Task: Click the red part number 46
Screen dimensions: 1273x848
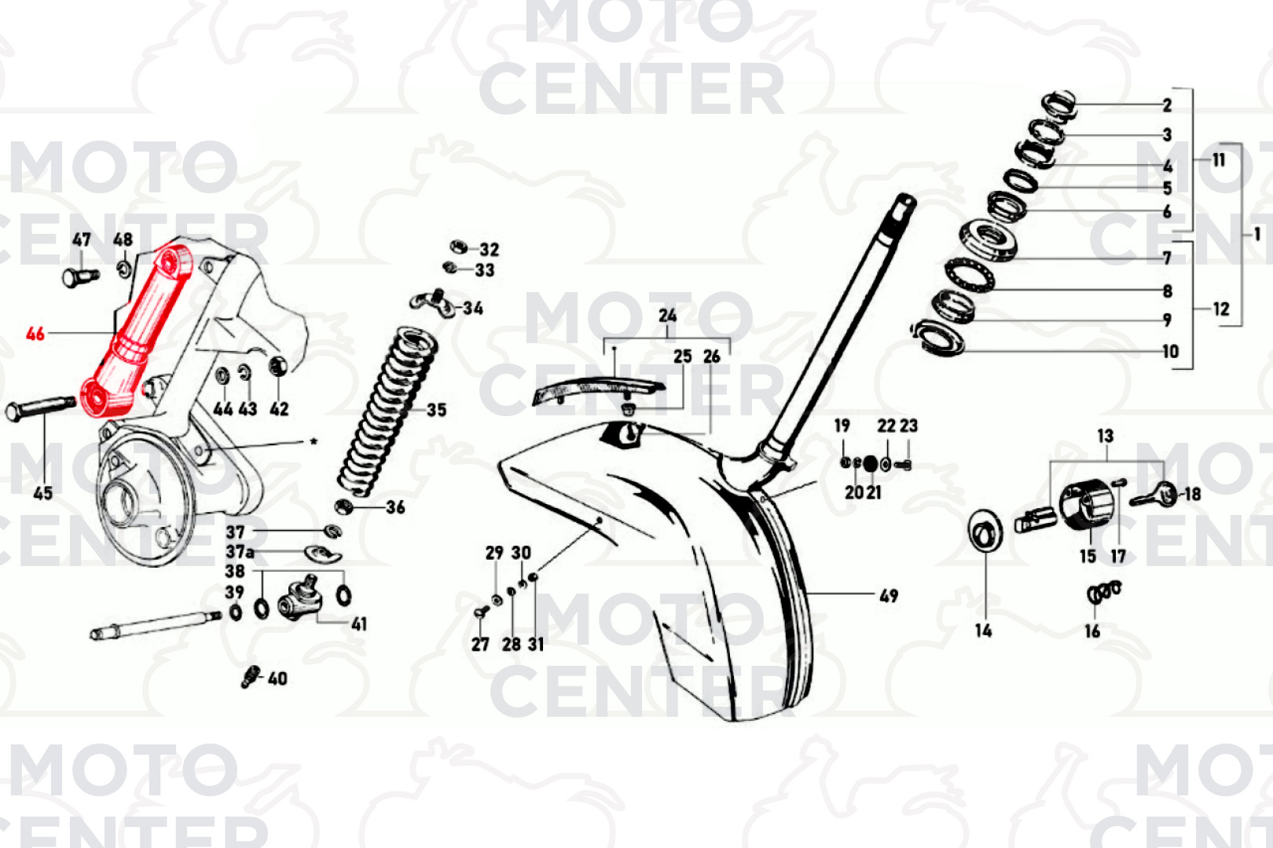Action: [35, 334]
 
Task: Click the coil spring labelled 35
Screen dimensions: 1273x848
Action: [388, 411]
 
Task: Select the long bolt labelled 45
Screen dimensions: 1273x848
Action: [40, 408]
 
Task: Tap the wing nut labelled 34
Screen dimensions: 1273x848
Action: [432, 305]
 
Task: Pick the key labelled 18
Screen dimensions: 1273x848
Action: [1154, 495]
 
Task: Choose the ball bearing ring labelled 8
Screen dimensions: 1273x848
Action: [970, 275]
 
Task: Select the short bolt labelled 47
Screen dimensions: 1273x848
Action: [80, 277]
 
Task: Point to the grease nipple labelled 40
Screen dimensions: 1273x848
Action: [250, 677]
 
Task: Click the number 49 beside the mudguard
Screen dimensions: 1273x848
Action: [889, 596]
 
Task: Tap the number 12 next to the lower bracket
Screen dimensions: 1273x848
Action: [1221, 309]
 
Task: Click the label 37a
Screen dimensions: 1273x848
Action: [240, 551]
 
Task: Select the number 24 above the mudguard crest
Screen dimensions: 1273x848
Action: [668, 315]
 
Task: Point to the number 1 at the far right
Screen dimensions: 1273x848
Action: [1256, 233]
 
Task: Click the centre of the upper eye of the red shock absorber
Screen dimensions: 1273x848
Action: [170, 261]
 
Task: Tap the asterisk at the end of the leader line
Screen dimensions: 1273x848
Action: [313, 440]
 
